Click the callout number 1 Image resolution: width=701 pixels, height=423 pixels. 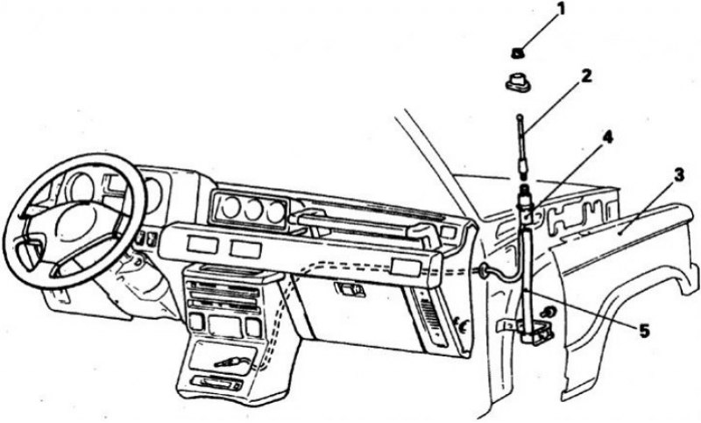pos(561,9)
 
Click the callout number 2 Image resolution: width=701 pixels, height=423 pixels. pos(586,75)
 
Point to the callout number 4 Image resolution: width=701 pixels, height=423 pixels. pos(607,137)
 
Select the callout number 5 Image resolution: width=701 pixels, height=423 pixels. pos(644,331)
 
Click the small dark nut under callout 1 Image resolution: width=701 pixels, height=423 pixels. pos(517,53)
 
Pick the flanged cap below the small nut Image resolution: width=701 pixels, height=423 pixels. pos(516,82)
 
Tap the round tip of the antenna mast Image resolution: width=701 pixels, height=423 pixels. pos(520,117)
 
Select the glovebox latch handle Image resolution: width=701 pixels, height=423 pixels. pos(350,290)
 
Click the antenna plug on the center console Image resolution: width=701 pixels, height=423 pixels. pos(230,361)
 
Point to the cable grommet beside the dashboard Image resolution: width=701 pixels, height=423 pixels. pos(483,270)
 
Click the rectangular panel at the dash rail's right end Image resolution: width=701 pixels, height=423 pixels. pos(405,266)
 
